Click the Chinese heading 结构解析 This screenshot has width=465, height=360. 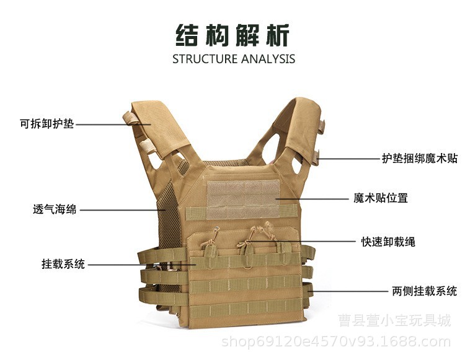(232, 35)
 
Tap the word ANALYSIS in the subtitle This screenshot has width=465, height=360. (268, 59)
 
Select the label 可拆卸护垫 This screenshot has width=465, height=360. (46, 124)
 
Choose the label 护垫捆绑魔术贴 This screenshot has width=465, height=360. (419, 158)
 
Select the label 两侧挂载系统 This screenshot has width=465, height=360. (424, 291)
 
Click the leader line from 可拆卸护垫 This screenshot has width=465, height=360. (112, 124)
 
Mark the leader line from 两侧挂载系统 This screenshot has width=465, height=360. (347, 291)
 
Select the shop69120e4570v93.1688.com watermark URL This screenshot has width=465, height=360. (336, 341)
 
